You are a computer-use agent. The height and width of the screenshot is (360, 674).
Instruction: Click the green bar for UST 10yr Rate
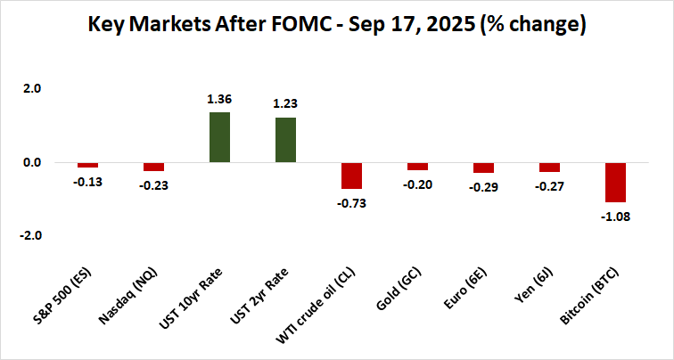coord(219,137)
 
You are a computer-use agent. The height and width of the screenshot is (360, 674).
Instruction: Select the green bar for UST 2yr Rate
coord(285,140)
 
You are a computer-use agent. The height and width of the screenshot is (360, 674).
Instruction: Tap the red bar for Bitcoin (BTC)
coord(615,183)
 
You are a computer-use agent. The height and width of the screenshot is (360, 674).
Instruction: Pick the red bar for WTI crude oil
coord(351,176)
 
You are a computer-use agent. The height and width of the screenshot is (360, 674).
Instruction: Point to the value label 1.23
coord(285,105)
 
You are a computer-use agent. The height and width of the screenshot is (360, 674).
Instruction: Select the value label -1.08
coord(615,217)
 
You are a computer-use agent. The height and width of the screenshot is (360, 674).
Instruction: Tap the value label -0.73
coord(351,203)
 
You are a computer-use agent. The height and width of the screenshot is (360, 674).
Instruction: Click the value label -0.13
coord(87,182)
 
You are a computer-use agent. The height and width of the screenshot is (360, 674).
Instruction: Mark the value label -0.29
coord(483,187)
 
